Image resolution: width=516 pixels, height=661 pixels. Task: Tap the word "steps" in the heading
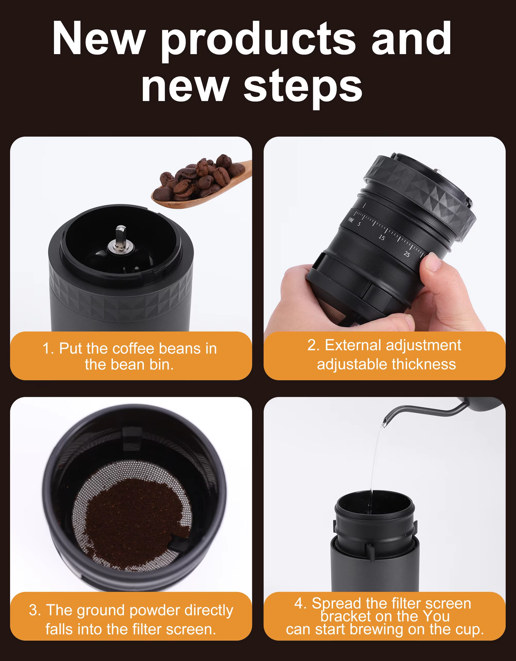click(x=303, y=88)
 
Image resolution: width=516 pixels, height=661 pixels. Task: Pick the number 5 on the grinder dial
click(x=359, y=224)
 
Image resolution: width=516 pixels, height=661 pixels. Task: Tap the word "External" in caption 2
click(x=353, y=345)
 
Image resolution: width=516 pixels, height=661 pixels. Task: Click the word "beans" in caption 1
click(x=180, y=348)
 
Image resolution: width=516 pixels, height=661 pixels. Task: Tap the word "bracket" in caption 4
click(x=346, y=616)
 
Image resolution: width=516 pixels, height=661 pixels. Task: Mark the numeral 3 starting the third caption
click(x=33, y=610)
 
